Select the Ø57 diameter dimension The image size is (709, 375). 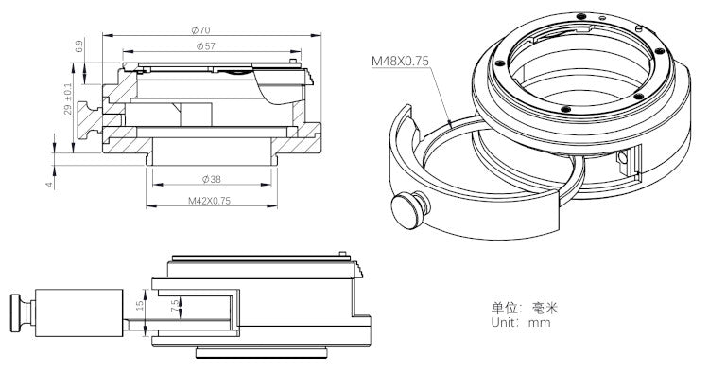205,46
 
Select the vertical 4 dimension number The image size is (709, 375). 48,184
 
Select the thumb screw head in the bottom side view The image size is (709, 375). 17,312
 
